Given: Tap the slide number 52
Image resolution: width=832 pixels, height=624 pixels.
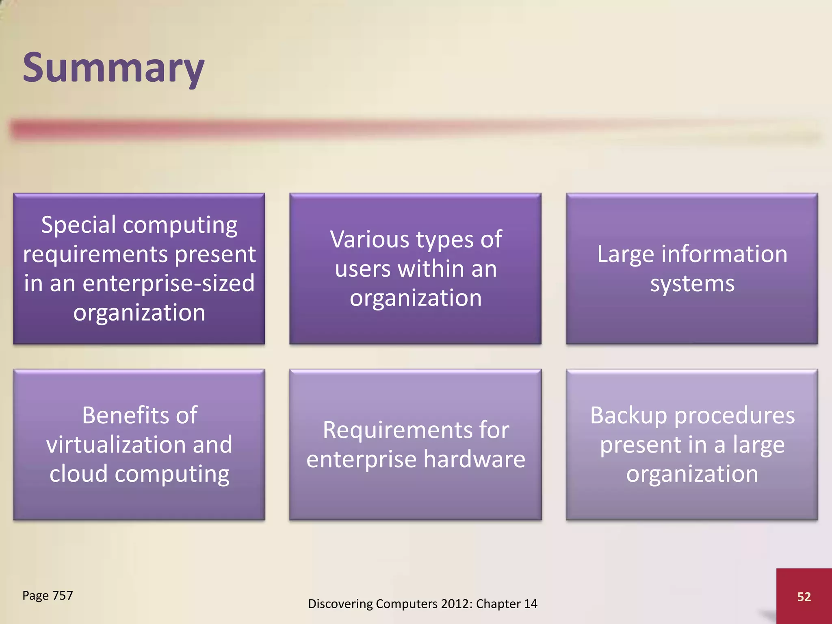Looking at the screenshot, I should coord(804,596).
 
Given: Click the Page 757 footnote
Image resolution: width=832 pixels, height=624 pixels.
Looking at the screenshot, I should coord(48,595).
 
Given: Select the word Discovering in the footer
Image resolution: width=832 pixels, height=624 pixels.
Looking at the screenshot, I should coord(340,604).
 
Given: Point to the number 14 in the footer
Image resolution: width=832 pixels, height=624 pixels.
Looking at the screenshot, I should coord(530,604).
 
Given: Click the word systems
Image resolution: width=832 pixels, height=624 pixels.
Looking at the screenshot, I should coord(692,283).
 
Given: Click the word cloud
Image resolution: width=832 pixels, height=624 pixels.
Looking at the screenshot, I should coord(78,474).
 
